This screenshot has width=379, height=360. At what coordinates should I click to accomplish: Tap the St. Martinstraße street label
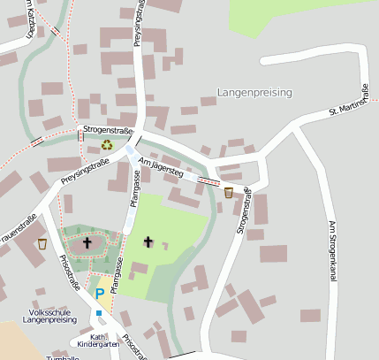click(x=347, y=102)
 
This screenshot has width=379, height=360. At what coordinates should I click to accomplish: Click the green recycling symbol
click(x=107, y=145)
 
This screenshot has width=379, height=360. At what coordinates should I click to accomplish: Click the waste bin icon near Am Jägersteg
click(x=229, y=192)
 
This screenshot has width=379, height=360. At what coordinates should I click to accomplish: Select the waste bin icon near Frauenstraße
click(x=42, y=242)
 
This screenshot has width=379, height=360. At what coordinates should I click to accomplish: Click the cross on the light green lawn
click(x=148, y=241)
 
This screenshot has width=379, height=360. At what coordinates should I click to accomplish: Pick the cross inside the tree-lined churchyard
click(x=87, y=241)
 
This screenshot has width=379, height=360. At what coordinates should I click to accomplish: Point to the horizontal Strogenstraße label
click(x=106, y=130)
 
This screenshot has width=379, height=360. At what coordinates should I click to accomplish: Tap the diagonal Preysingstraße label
click(x=86, y=172)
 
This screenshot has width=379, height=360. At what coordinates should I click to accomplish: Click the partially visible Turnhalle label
click(x=64, y=356)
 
